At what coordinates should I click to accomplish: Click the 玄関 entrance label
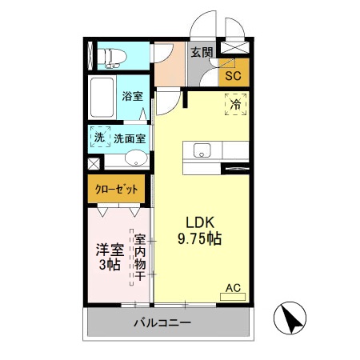202,53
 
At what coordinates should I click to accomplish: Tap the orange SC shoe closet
233,76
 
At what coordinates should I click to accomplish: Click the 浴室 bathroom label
132,96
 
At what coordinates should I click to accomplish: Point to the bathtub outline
102,98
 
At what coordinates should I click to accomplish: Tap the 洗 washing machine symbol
99,138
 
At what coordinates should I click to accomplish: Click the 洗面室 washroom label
129,138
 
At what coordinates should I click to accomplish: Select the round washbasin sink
137,158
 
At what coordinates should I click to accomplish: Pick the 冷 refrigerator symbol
235,104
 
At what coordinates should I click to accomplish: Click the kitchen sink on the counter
201,150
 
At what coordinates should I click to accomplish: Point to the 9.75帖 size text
199,238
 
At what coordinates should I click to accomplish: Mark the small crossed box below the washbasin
94,164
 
